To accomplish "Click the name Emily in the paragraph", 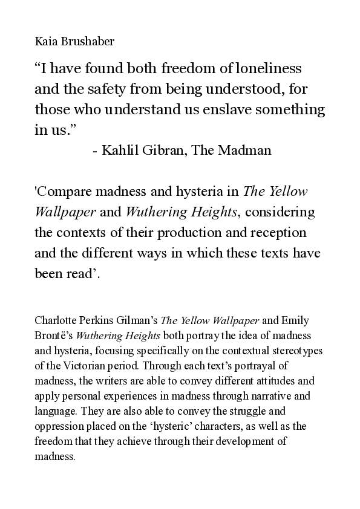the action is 297,320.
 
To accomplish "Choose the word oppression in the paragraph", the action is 59,426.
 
